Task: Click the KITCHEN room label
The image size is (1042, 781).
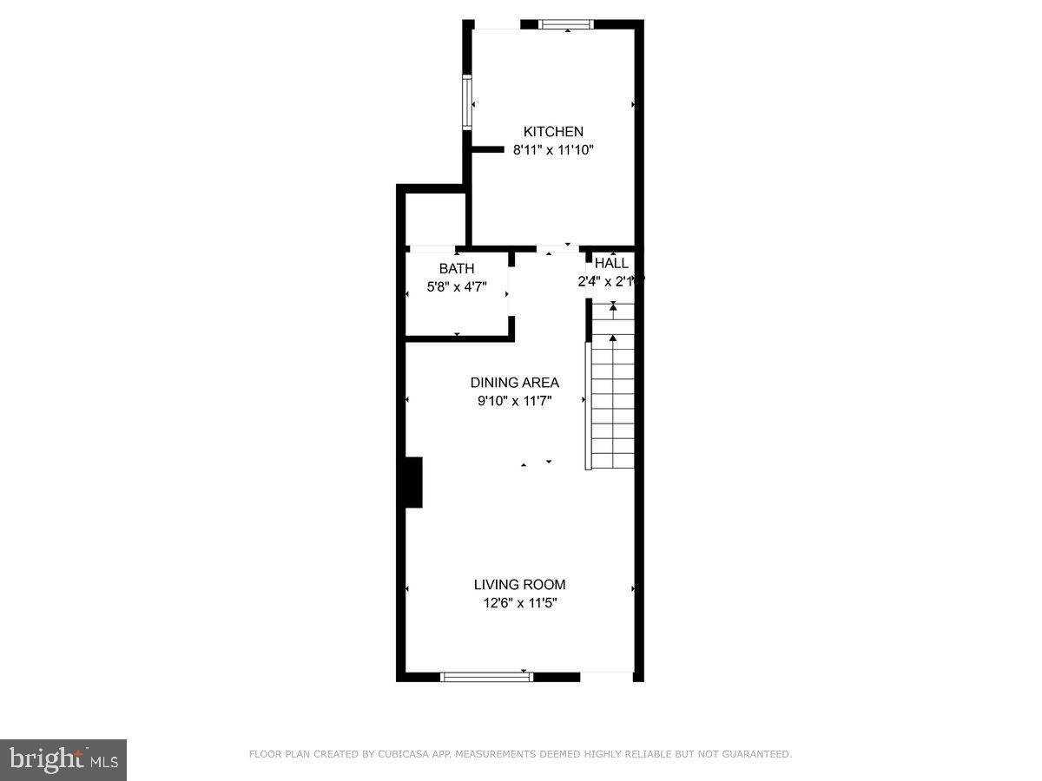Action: coord(553,132)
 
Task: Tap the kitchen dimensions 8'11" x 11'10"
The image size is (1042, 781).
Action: coord(553,150)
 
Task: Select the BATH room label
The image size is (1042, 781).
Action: coord(456,269)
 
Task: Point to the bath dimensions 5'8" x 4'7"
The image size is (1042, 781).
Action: coord(456,287)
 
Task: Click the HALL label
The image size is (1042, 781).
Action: coord(611,264)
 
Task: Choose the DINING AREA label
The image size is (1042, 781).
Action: coord(514,383)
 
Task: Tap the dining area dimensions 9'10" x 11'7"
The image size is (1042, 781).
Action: coord(514,401)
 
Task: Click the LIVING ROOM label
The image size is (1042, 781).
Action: coord(519,585)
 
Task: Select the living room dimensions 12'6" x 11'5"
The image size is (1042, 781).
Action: coord(519,603)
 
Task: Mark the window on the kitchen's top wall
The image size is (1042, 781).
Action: coord(566,24)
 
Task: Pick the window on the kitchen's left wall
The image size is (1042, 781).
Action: coord(467,102)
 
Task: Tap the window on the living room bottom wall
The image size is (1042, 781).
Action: coord(486,677)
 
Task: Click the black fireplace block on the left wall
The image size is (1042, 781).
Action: coord(413,482)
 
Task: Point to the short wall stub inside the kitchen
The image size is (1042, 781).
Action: coord(487,149)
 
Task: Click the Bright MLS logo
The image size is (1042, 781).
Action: coord(63,759)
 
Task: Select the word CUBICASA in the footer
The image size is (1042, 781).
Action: coord(403,755)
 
